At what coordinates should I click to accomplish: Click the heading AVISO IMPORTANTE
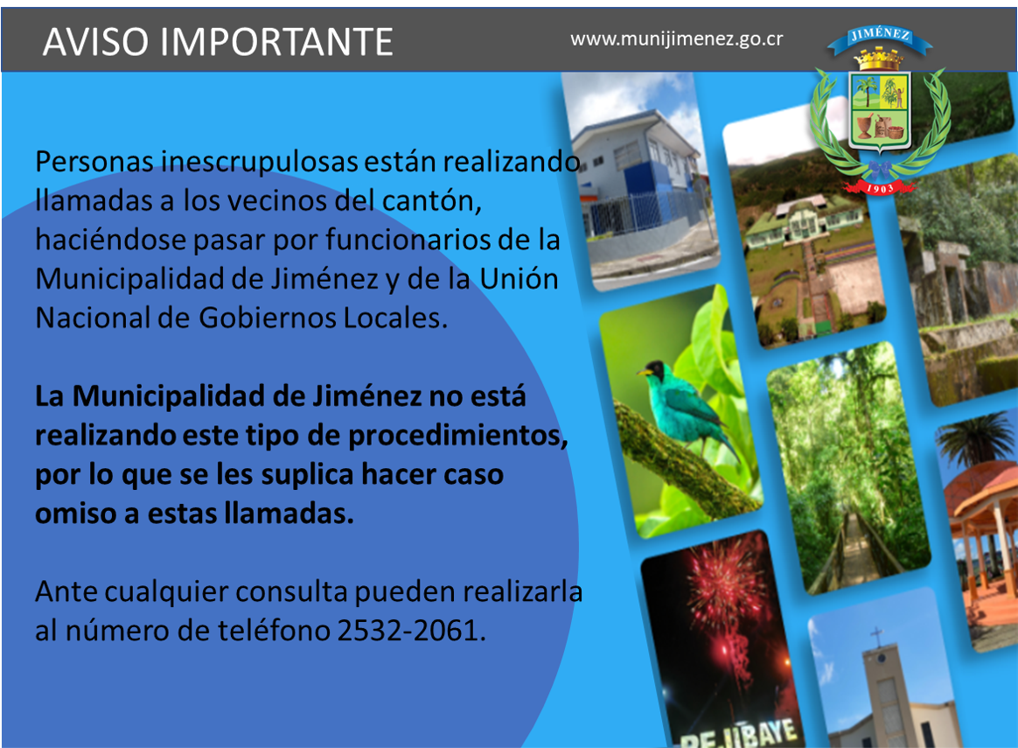pyautogui.click(x=218, y=42)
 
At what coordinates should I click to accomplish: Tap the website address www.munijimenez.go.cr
pyautogui.click(x=677, y=39)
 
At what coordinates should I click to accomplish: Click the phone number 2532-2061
pyautogui.click(x=412, y=630)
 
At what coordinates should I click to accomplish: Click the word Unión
pyautogui.click(x=519, y=278)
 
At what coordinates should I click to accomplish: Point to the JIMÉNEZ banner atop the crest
pyautogui.click(x=880, y=38)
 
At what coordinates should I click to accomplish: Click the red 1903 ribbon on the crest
pyautogui.click(x=880, y=187)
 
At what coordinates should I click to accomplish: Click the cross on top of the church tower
pyautogui.click(x=876, y=636)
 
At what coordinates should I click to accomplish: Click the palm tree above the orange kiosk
pyautogui.click(x=976, y=439)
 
